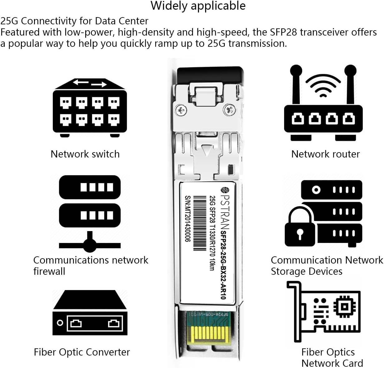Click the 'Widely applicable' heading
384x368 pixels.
198,6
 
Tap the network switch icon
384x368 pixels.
90,108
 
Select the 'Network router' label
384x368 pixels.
325,154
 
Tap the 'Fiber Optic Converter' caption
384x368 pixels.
82,352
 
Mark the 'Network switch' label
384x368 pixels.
85,154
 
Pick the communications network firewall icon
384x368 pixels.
90,213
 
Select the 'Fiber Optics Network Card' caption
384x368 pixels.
332,358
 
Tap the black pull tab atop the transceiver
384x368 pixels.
209,75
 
